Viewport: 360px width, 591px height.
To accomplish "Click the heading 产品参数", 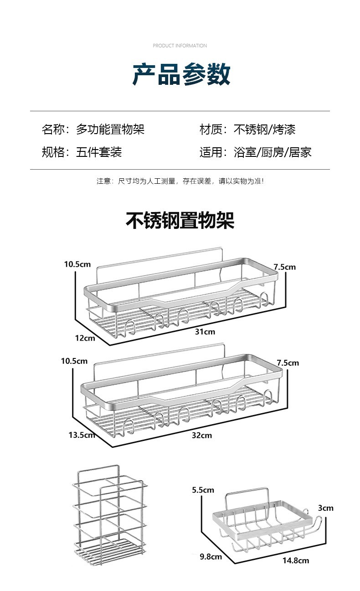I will [x=181, y=74].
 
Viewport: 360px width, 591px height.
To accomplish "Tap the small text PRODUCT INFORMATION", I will [x=180, y=46].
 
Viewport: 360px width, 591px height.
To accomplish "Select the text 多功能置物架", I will [x=110, y=130].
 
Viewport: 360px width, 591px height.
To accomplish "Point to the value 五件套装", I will [x=99, y=152].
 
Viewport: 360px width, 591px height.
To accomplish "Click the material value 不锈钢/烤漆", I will [x=264, y=130].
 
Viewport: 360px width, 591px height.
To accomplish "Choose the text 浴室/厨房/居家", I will [x=273, y=152].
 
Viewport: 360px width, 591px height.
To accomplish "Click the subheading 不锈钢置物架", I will [x=180, y=221].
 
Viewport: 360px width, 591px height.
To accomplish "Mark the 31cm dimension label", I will [x=205, y=332].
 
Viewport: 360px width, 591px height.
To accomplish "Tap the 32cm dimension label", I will [x=201, y=435].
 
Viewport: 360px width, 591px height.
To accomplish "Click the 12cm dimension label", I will [x=85, y=338].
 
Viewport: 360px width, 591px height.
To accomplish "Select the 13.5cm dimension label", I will [x=82, y=435].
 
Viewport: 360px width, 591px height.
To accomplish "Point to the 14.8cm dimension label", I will [x=295, y=560].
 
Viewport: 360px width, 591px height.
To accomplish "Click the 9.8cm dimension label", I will [x=211, y=556].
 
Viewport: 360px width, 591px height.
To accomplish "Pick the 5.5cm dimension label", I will [x=203, y=490].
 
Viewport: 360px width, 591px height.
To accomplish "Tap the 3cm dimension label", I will [x=325, y=508].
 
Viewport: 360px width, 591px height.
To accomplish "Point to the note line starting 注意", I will [x=180, y=181].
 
